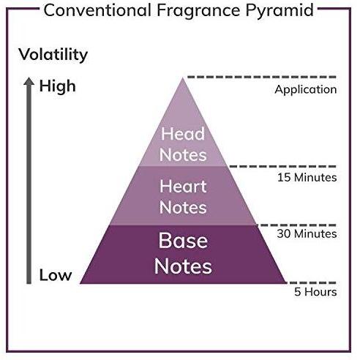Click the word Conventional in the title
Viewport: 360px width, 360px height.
(97, 10)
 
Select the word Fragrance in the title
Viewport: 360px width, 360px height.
(198, 12)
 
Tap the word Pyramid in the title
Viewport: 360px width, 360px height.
(280, 12)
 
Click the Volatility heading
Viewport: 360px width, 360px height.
(53, 55)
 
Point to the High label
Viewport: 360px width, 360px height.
(58, 87)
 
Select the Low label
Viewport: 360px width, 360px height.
(56, 275)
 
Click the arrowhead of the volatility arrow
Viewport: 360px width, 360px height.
(29, 81)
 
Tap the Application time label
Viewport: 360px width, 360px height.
(306, 90)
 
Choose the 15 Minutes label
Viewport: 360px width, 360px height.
(307, 177)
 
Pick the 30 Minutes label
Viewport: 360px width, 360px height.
(307, 233)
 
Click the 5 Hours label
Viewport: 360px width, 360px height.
(315, 292)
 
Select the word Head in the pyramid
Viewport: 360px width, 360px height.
(183, 134)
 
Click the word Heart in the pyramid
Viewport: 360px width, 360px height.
(183, 187)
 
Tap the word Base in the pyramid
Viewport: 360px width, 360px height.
(183, 241)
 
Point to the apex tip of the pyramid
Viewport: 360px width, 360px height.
(182, 78)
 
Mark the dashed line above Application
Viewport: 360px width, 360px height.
(262, 77)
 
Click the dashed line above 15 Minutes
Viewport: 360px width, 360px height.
(282, 167)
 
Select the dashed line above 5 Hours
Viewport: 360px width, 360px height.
(311, 282)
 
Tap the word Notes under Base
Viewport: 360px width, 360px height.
(183, 266)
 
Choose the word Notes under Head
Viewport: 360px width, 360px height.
(183, 155)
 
